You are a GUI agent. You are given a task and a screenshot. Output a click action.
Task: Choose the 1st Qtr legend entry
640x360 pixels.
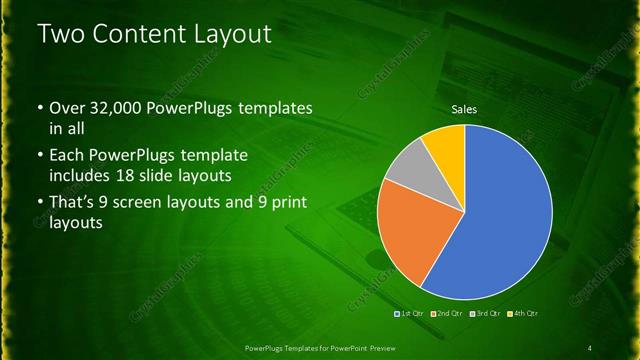410,314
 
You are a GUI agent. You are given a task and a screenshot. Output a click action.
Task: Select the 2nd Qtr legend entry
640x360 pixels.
445,314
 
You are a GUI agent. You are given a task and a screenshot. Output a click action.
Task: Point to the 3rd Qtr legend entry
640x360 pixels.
485,314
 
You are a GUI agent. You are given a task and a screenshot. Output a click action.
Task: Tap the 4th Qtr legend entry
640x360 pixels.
522,314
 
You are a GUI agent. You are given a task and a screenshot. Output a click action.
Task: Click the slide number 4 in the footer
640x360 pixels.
590,347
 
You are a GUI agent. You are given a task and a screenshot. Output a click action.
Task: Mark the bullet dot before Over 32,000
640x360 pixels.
39,108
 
